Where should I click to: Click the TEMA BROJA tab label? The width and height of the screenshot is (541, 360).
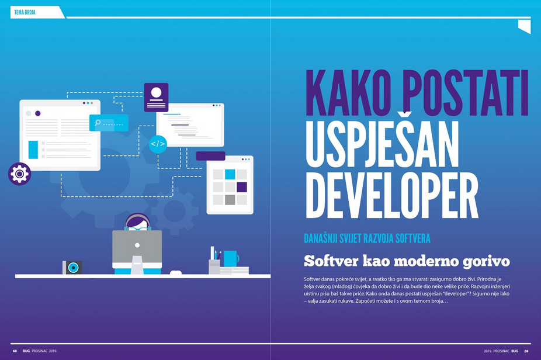(x=25, y=12)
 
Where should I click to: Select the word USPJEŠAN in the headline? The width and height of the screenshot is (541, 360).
(x=382, y=144)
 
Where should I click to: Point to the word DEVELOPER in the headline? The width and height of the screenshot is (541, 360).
(x=392, y=195)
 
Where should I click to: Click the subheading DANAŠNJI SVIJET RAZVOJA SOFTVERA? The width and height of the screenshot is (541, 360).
(x=367, y=238)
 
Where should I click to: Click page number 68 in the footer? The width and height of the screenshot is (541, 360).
(x=15, y=351)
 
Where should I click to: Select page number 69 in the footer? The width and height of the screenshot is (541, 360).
(x=526, y=351)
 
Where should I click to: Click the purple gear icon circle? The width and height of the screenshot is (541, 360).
(x=20, y=174)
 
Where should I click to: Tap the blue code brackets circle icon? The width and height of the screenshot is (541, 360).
(x=158, y=144)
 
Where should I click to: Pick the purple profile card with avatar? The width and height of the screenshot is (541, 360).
(x=157, y=98)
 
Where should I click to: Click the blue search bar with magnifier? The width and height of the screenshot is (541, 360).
(x=109, y=123)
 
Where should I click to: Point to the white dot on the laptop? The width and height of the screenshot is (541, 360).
(x=137, y=245)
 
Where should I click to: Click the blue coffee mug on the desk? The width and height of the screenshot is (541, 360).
(x=231, y=258)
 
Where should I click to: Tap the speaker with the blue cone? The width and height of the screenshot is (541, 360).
(x=72, y=268)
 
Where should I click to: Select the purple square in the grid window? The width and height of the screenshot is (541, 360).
(x=242, y=187)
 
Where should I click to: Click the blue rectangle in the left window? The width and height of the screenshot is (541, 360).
(x=33, y=150)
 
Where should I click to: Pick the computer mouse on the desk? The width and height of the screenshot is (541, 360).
(x=176, y=273)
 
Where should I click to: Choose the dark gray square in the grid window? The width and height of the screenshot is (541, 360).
(x=230, y=200)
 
